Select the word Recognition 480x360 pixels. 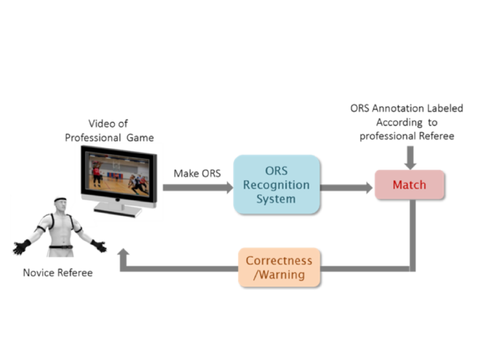point(276,185)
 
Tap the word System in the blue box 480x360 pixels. point(276,199)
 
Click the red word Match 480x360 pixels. point(409,184)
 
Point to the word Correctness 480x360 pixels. point(279,260)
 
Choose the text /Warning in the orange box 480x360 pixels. point(279,275)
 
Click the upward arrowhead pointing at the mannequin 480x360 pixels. point(123,254)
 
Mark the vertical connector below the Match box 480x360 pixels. point(413,232)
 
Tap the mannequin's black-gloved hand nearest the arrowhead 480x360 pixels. point(99,245)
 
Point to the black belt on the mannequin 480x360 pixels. point(60,247)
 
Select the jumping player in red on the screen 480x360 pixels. point(96,175)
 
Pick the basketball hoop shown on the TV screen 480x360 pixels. point(117,165)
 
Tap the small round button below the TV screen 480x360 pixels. point(117,200)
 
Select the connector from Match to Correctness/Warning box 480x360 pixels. point(366,269)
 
